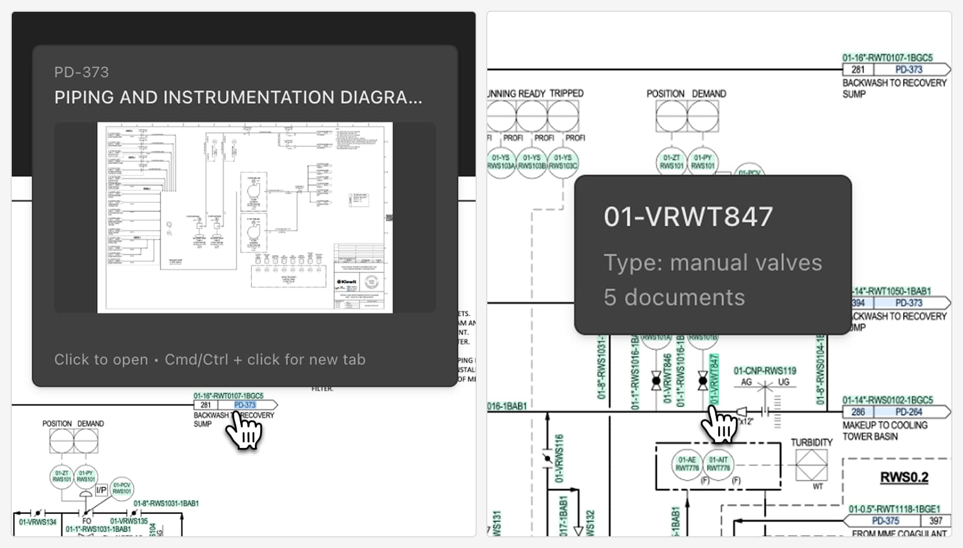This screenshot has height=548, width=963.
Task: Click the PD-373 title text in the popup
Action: click(81, 72)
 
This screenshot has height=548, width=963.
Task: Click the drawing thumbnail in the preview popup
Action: click(245, 217)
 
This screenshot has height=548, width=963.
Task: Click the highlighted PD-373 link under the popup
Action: click(245, 405)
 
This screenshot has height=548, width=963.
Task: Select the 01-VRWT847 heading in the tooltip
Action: click(688, 217)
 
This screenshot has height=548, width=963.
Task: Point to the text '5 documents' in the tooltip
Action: click(674, 298)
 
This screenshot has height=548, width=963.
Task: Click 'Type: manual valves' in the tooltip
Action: click(712, 263)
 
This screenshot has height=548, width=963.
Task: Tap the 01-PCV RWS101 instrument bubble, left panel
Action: click(122, 488)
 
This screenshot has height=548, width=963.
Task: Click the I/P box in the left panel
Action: click(101, 490)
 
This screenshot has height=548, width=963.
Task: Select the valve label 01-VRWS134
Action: click(38, 522)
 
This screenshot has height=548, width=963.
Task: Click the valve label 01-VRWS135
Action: click(129, 521)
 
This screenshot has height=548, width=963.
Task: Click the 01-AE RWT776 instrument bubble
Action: click(687, 464)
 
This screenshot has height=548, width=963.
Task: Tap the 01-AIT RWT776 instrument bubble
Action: click(718, 464)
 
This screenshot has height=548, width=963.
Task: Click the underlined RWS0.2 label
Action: click(904, 477)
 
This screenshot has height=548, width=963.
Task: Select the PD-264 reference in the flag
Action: click(908, 412)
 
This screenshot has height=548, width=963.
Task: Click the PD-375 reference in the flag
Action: click(885, 521)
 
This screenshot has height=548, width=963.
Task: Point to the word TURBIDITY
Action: click(811, 443)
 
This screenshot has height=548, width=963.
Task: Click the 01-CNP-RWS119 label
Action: click(764, 371)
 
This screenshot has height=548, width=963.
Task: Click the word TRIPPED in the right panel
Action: click(566, 94)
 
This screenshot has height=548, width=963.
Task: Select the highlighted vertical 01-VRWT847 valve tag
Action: click(715, 379)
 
